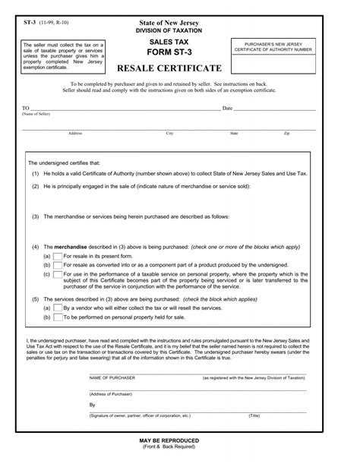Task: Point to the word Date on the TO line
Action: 226,109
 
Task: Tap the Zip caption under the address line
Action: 286,133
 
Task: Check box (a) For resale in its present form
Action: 58,257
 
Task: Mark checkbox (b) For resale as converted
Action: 58,266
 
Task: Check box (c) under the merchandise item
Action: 58,274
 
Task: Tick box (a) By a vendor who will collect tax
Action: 58,309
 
